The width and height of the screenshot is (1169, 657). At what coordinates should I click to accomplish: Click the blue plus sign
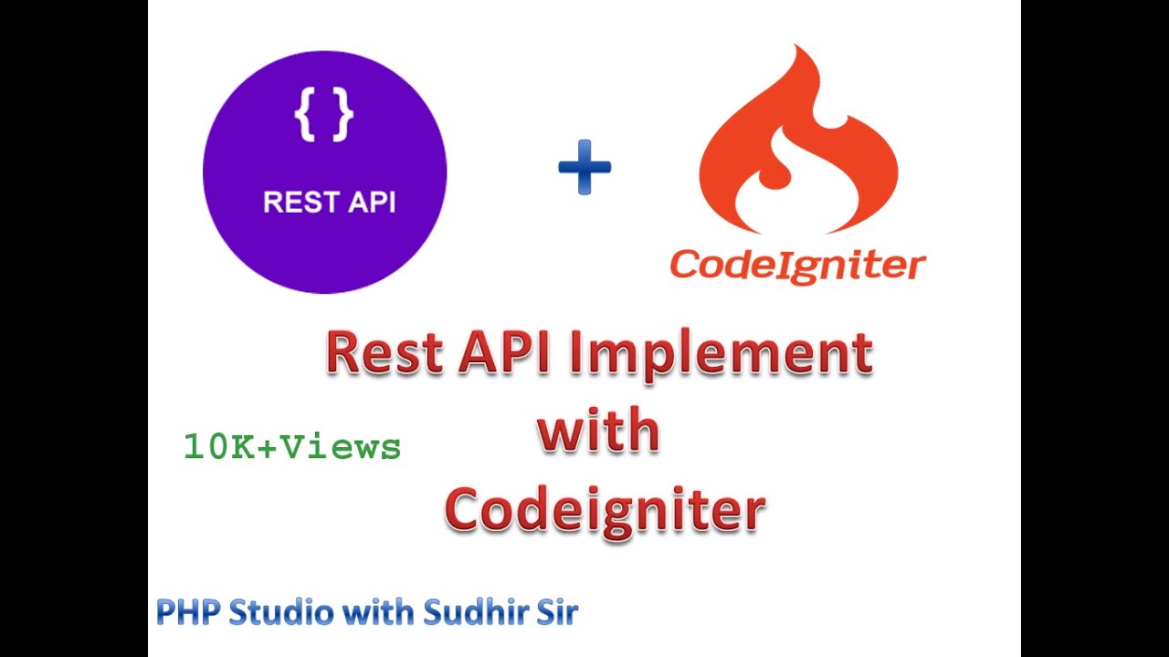click(x=584, y=167)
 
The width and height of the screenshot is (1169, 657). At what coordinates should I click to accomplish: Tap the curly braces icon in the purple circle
click(x=324, y=115)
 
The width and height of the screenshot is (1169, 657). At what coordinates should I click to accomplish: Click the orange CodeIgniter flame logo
click(x=798, y=146)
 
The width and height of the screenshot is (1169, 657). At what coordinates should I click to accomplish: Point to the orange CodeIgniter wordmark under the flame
click(x=797, y=266)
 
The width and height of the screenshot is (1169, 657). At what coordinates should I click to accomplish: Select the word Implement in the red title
click(x=721, y=356)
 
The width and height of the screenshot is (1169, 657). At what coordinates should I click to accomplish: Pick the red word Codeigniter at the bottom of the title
click(x=605, y=509)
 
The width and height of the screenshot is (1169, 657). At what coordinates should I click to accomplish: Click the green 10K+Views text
click(x=292, y=447)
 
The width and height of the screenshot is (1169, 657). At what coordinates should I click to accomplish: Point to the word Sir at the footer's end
click(x=553, y=611)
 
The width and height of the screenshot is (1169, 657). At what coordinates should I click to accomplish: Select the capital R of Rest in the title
click(x=343, y=354)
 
